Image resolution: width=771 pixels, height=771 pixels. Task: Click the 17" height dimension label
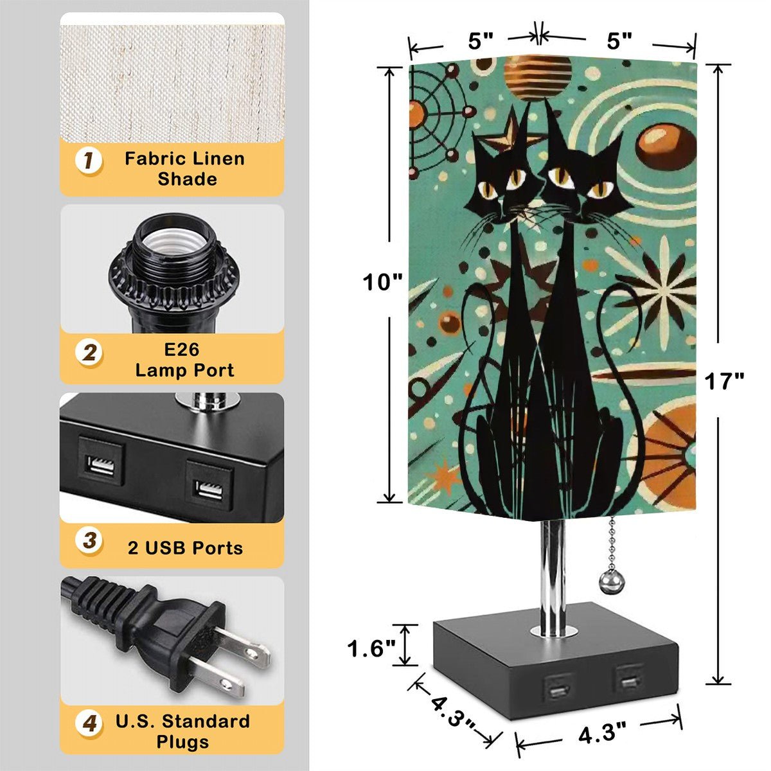pos(724,381)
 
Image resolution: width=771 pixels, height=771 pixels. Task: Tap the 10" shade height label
pos(382,282)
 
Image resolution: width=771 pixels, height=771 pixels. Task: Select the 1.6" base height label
pos(371,648)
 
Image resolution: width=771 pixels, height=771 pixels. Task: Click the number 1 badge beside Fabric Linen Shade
pos(89,161)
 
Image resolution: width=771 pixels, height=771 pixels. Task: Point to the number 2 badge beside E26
pos(89,353)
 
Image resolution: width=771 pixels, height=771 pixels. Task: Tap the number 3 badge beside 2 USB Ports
pos(89,540)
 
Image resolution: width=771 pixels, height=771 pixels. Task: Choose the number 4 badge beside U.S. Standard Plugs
pos(89,723)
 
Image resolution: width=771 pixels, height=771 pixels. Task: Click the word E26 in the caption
pos(182,350)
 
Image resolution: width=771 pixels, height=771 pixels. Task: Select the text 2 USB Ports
pos(185,548)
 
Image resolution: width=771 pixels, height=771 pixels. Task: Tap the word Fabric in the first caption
pos(154,159)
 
